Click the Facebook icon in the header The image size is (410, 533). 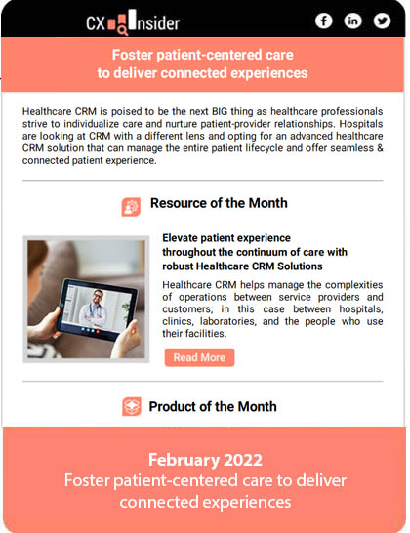323,20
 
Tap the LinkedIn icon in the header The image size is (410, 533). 352,20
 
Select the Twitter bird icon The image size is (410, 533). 382,20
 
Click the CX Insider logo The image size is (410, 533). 133,22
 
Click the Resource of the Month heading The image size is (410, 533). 219,203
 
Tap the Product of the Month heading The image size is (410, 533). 213,406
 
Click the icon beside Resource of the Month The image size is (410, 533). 131,207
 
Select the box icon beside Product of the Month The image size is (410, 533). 132,406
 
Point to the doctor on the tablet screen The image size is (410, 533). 95,308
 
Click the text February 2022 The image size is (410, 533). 205,460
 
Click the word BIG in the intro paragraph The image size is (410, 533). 220,111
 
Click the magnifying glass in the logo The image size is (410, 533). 123,31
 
